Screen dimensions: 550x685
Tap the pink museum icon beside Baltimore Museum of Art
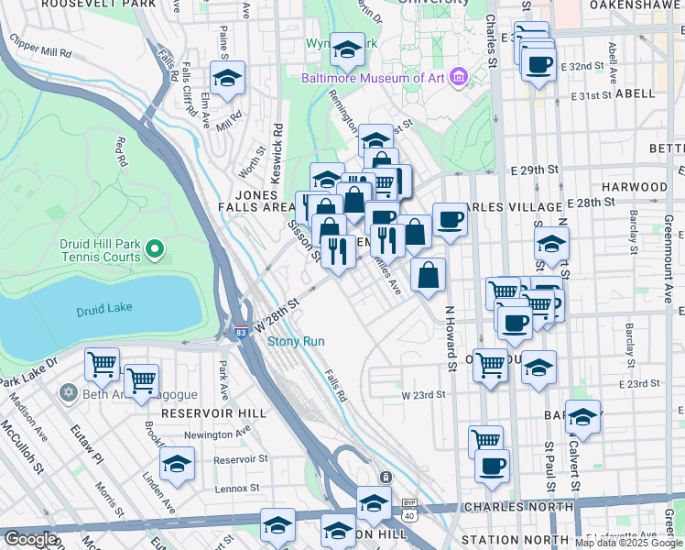tap(459, 77)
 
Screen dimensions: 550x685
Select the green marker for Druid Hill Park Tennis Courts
tap(155, 247)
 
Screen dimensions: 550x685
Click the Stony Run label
tap(296, 342)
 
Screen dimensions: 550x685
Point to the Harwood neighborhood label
tap(636, 186)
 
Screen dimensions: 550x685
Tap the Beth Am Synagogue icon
tap(67, 392)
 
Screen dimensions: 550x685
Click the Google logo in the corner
tap(29, 540)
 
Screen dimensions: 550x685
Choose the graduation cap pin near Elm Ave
tap(228, 77)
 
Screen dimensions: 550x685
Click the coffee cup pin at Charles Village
tap(450, 219)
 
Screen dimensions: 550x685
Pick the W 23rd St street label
tap(424, 395)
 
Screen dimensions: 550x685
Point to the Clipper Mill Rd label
tap(40, 48)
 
